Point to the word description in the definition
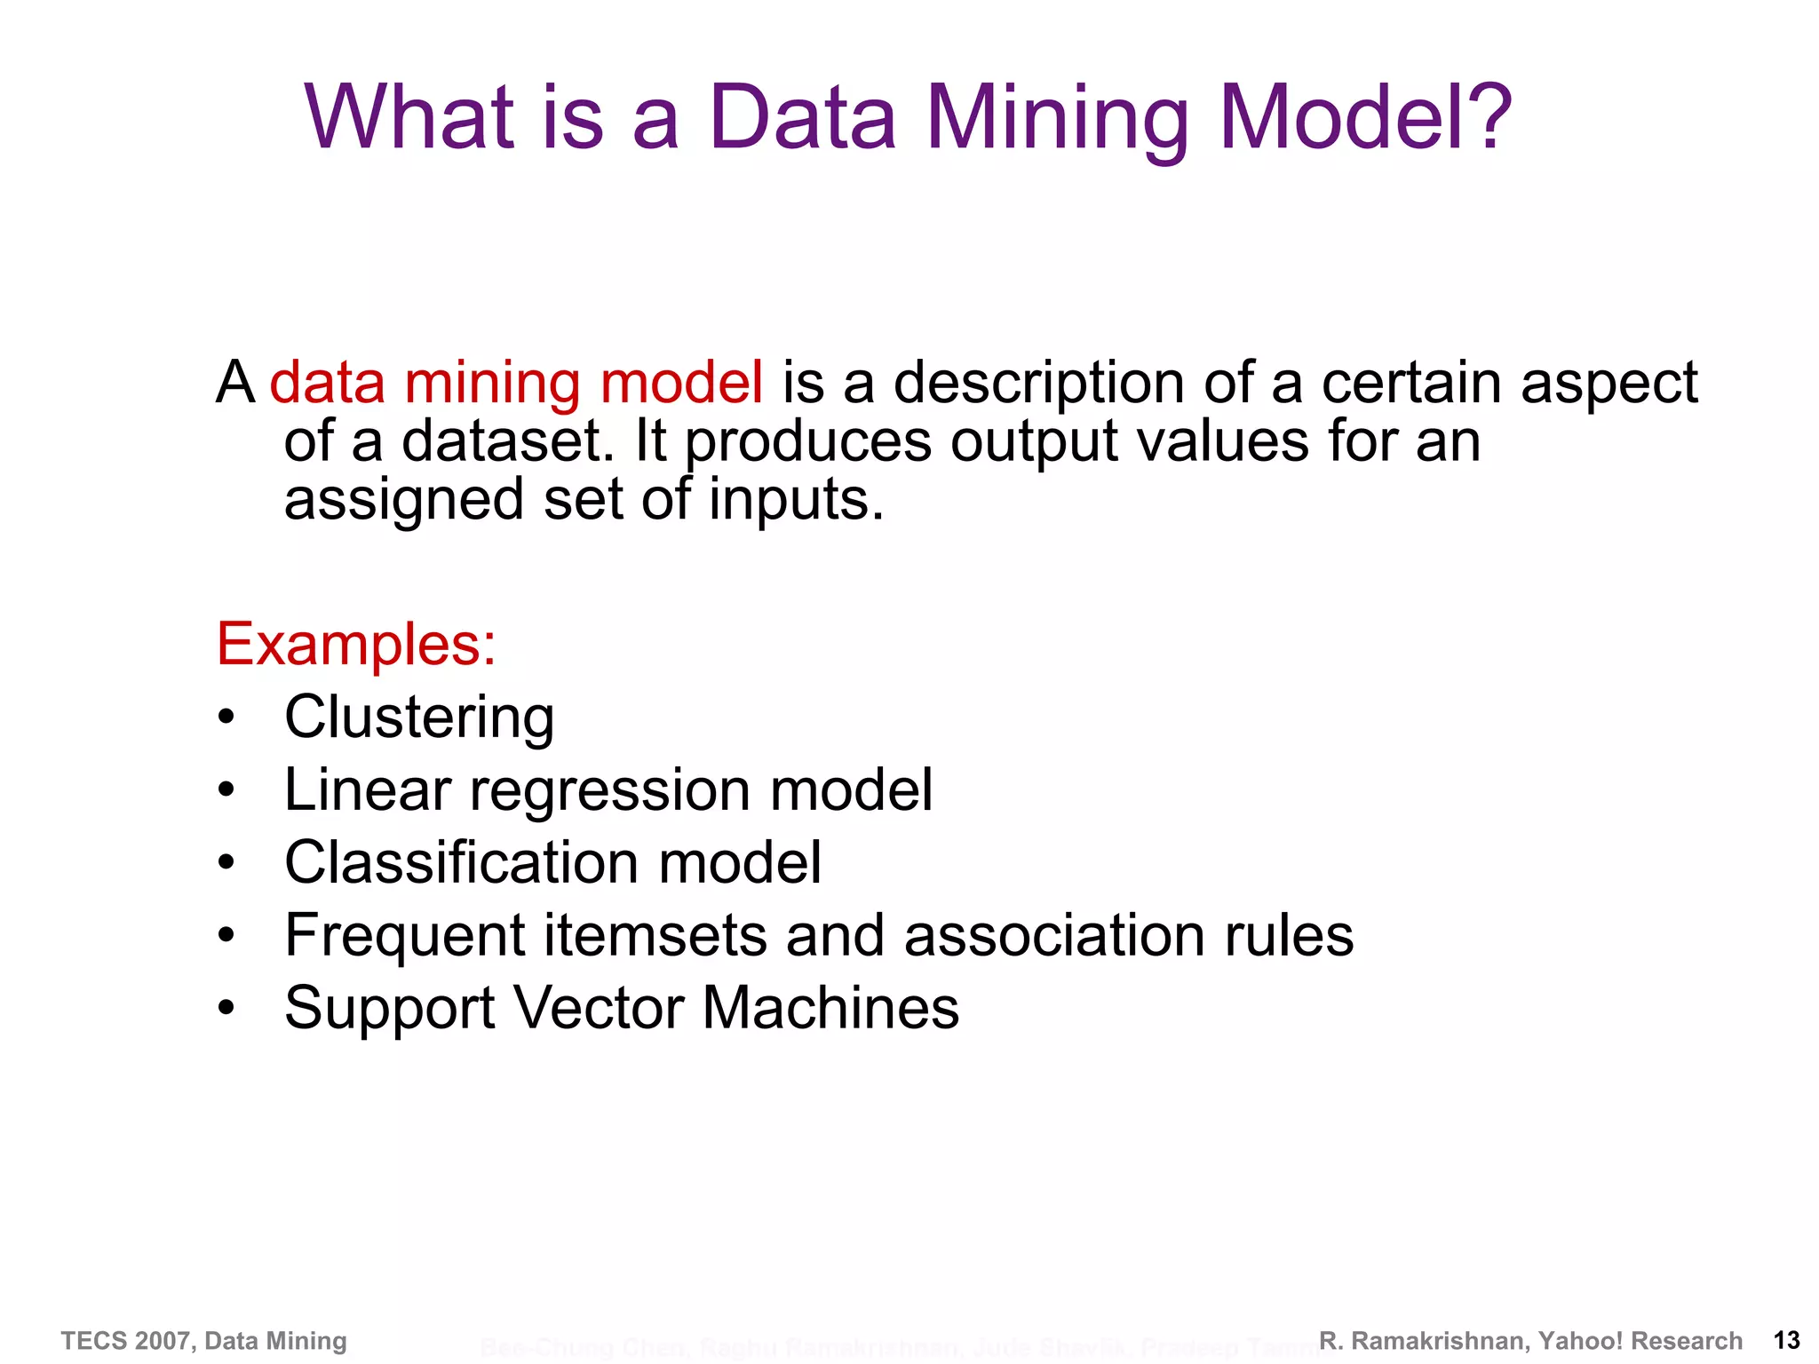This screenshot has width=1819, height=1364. pyautogui.click(x=1038, y=385)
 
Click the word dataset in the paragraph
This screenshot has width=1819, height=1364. pyautogui.click(x=507, y=441)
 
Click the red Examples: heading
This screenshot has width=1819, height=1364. pyautogui.click(x=356, y=644)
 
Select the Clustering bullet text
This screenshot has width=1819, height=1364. pyautogui.click(x=419, y=717)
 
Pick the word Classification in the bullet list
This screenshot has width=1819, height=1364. pyautogui.click(x=462, y=862)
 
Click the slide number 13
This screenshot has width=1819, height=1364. pyautogui.click(x=1786, y=1341)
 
